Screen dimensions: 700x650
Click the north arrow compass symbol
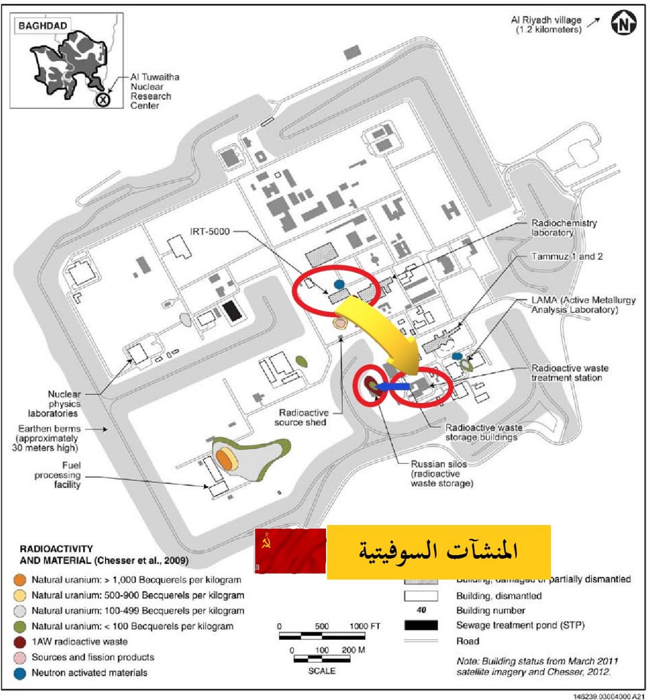pyautogui.click(x=623, y=23)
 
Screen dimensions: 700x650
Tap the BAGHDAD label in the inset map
pyautogui.click(x=42, y=26)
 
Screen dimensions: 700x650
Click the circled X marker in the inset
pyautogui.click(x=103, y=100)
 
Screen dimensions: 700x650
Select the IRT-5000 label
pyautogui.click(x=210, y=232)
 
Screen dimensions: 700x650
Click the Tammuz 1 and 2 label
pyautogui.click(x=567, y=256)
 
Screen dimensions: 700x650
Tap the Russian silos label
pyautogui.click(x=439, y=473)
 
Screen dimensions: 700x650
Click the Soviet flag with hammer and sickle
pyautogui.click(x=290, y=551)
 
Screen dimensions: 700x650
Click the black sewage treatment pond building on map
pyautogui.click(x=232, y=310)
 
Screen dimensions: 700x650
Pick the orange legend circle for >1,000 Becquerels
pyautogui.click(x=20, y=580)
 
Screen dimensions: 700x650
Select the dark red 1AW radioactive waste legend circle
pyautogui.click(x=20, y=642)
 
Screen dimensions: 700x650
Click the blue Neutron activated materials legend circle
pyautogui.click(x=20, y=673)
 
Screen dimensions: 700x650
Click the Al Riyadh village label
pyautogui.click(x=546, y=24)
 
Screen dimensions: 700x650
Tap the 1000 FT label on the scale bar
pyautogui.click(x=365, y=626)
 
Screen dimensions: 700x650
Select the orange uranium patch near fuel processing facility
pyautogui.click(x=225, y=459)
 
